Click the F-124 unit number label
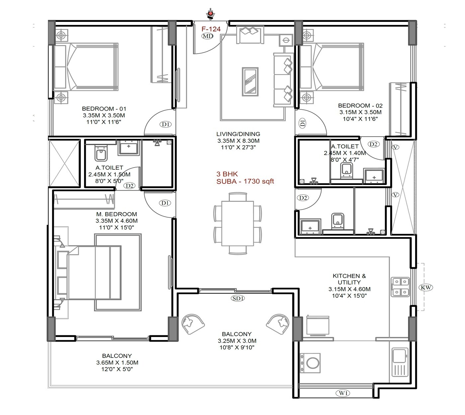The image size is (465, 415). click(x=211, y=29)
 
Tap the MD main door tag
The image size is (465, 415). click(x=208, y=36)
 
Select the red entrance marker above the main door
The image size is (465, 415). click(x=210, y=14)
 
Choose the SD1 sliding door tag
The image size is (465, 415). click(x=238, y=298)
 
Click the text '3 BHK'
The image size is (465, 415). click(x=227, y=174)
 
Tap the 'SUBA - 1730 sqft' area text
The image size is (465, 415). click(x=245, y=181)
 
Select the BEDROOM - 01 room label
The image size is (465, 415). click(x=104, y=109)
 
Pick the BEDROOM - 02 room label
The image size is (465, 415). click(x=360, y=106)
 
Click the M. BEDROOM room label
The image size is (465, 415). click(x=117, y=214)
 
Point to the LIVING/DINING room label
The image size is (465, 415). click(x=238, y=134)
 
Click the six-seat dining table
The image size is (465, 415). click(x=237, y=223)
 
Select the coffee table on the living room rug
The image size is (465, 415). click(x=250, y=82)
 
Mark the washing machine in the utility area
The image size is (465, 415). click(x=311, y=363)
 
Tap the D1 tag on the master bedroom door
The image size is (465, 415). click(x=165, y=203)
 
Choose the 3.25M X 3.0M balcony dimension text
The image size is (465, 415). click(x=237, y=341)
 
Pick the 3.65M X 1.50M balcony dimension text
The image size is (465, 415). click(x=117, y=363)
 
